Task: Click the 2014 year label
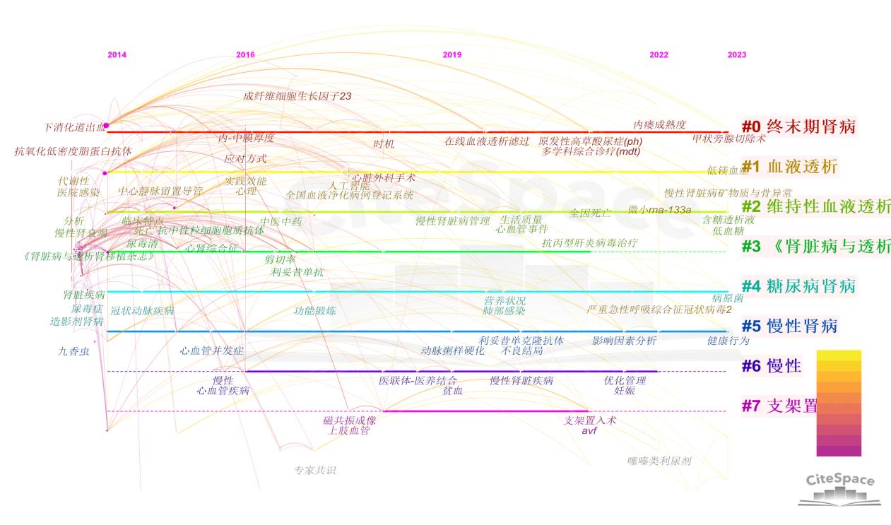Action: [x=117, y=55]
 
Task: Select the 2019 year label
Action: [x=452, y=55]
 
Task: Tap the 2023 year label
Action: [x=736, y=55]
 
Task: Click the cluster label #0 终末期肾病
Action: [x=798, y=127]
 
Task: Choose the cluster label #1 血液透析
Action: [x=789, y=167]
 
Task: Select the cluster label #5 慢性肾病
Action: [x=789, y=326]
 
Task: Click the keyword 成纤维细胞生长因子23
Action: [x=297, y=96]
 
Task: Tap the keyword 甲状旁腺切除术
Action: [x=728, y=138]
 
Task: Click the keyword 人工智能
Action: [x=349, y=186]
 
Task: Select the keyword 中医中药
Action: [x=281, y=221]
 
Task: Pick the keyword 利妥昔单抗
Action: [x=297, y=272]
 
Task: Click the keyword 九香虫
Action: [x=74, y=350]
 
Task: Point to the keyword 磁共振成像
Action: [x=350, y=420]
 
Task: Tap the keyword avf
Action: [x=589, y=430]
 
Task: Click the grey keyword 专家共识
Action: [x=315, y=470]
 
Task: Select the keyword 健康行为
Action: [x=728, y=341]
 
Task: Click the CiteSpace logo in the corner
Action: [x=840, y=488]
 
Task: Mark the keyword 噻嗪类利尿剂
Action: [x=659, y=461]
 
